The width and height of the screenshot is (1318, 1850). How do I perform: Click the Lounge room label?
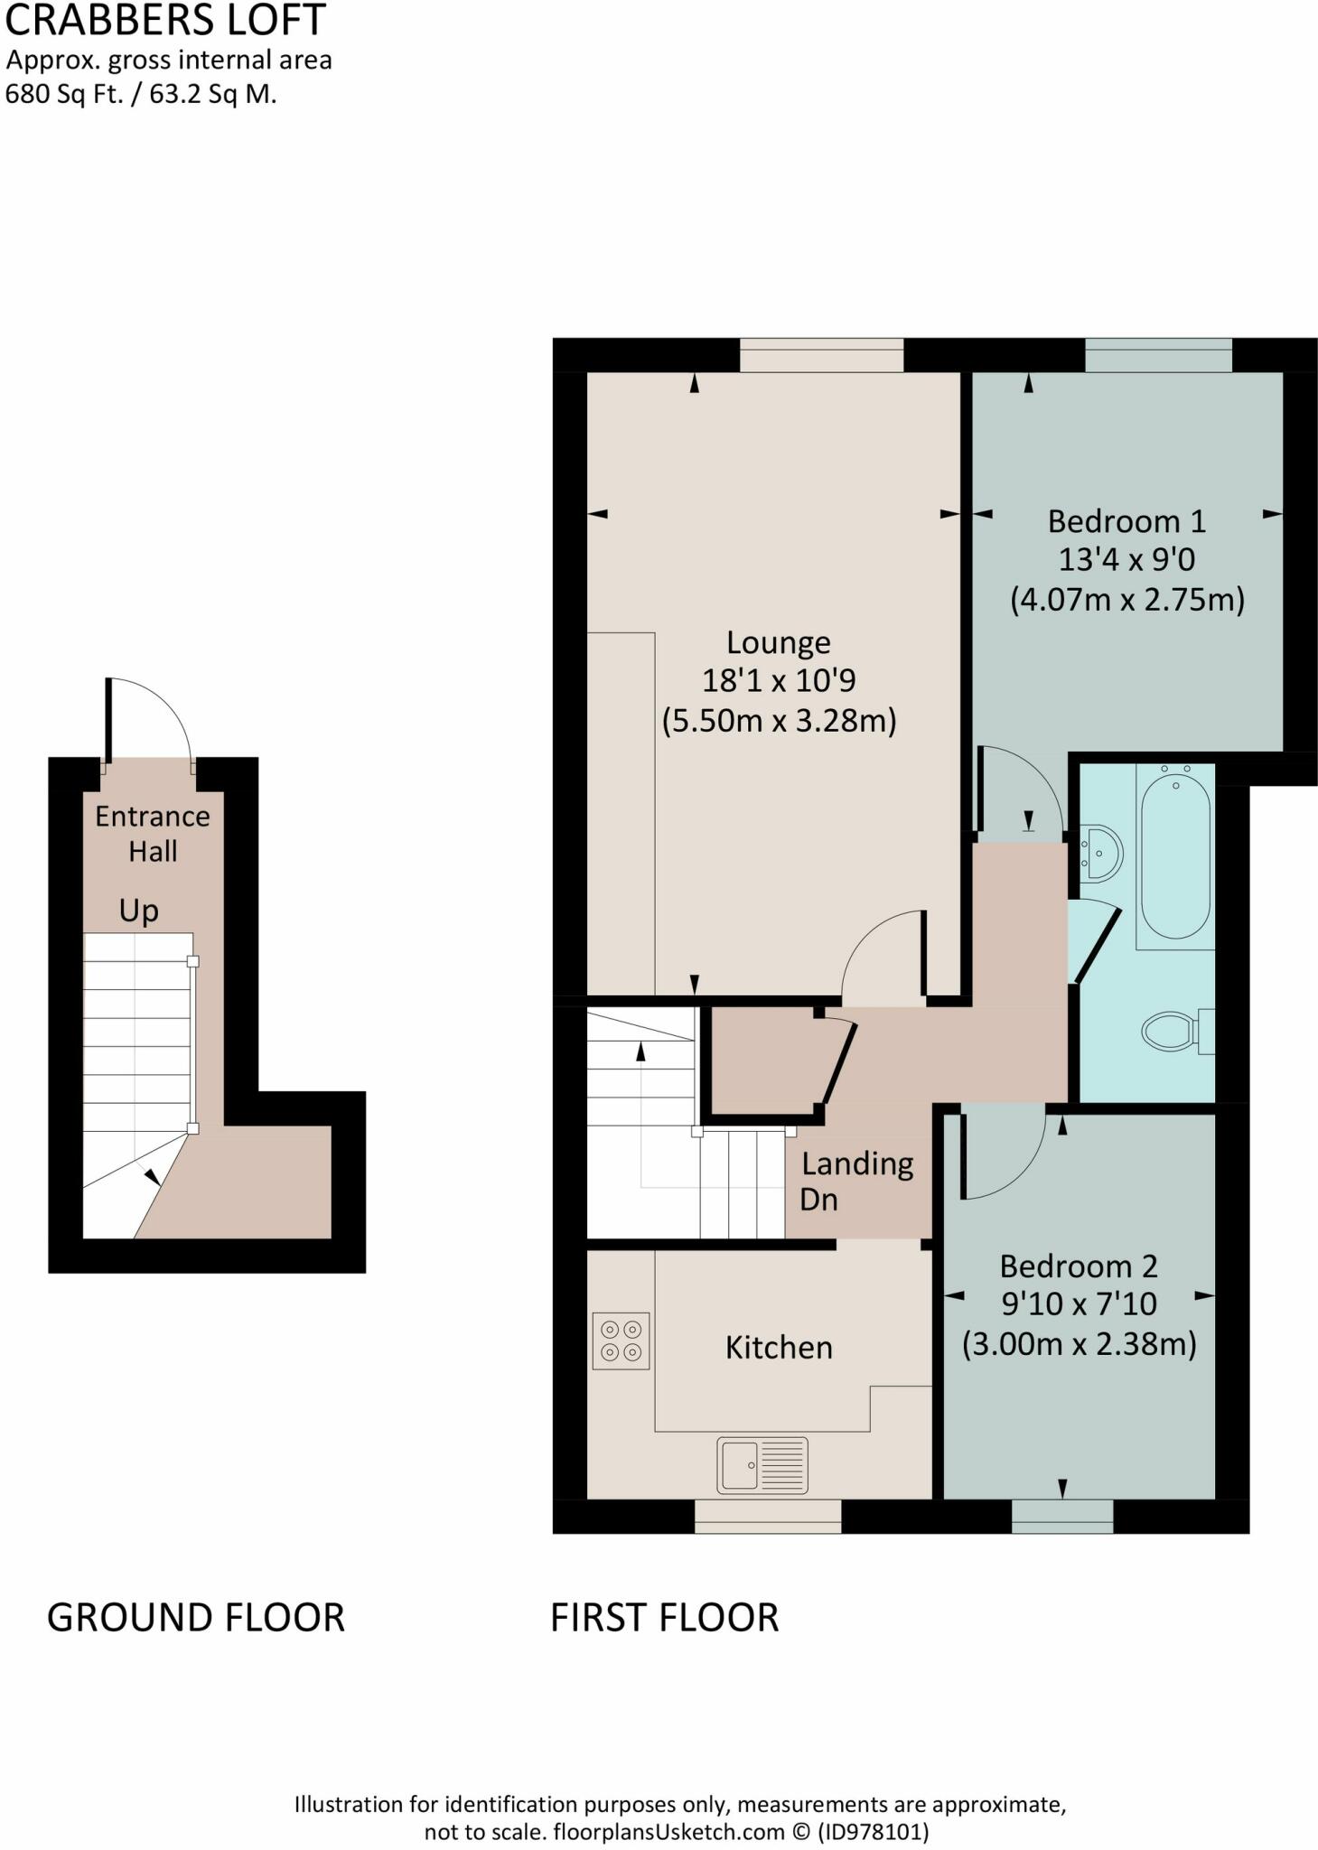pos(778,642)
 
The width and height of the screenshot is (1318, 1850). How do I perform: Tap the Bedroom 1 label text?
pos(1126,521)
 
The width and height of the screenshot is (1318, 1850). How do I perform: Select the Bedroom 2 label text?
pos(1078,1266)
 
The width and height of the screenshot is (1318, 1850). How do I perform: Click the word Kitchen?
pos(778,1347)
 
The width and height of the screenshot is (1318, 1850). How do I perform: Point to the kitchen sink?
pos(762,1464)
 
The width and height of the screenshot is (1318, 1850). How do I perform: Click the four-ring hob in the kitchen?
pos(621,1341)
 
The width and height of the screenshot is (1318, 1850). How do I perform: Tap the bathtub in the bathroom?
pos(1174,854)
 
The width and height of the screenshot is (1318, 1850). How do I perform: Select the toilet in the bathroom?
pos(1172,1031)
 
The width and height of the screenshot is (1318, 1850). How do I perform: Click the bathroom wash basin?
pos(1101,852)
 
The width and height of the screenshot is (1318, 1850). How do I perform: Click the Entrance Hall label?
pos(152,833)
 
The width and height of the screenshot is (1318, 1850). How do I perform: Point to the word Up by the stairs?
pos(138,911)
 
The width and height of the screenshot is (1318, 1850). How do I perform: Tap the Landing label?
pos(857,1163)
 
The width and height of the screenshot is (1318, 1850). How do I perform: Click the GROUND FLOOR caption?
pos(195,1617)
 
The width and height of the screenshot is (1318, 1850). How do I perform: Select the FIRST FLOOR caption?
pos(664,1617)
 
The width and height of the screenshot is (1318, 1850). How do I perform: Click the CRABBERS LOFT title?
pos(164,20)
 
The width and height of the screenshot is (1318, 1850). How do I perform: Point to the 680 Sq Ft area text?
pos(63,94)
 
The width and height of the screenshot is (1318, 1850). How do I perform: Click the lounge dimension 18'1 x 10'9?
pos(778,680)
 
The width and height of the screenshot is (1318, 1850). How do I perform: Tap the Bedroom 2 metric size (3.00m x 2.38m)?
pos(1079,1344)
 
